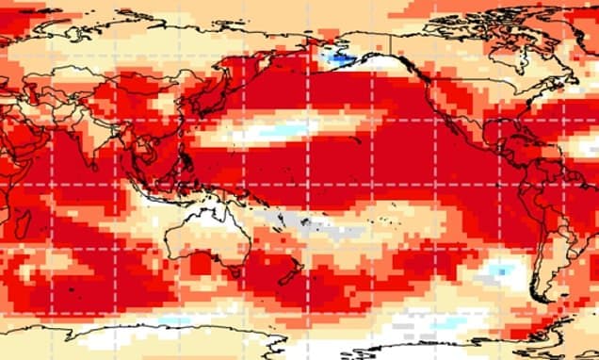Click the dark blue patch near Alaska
pos(337,59)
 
